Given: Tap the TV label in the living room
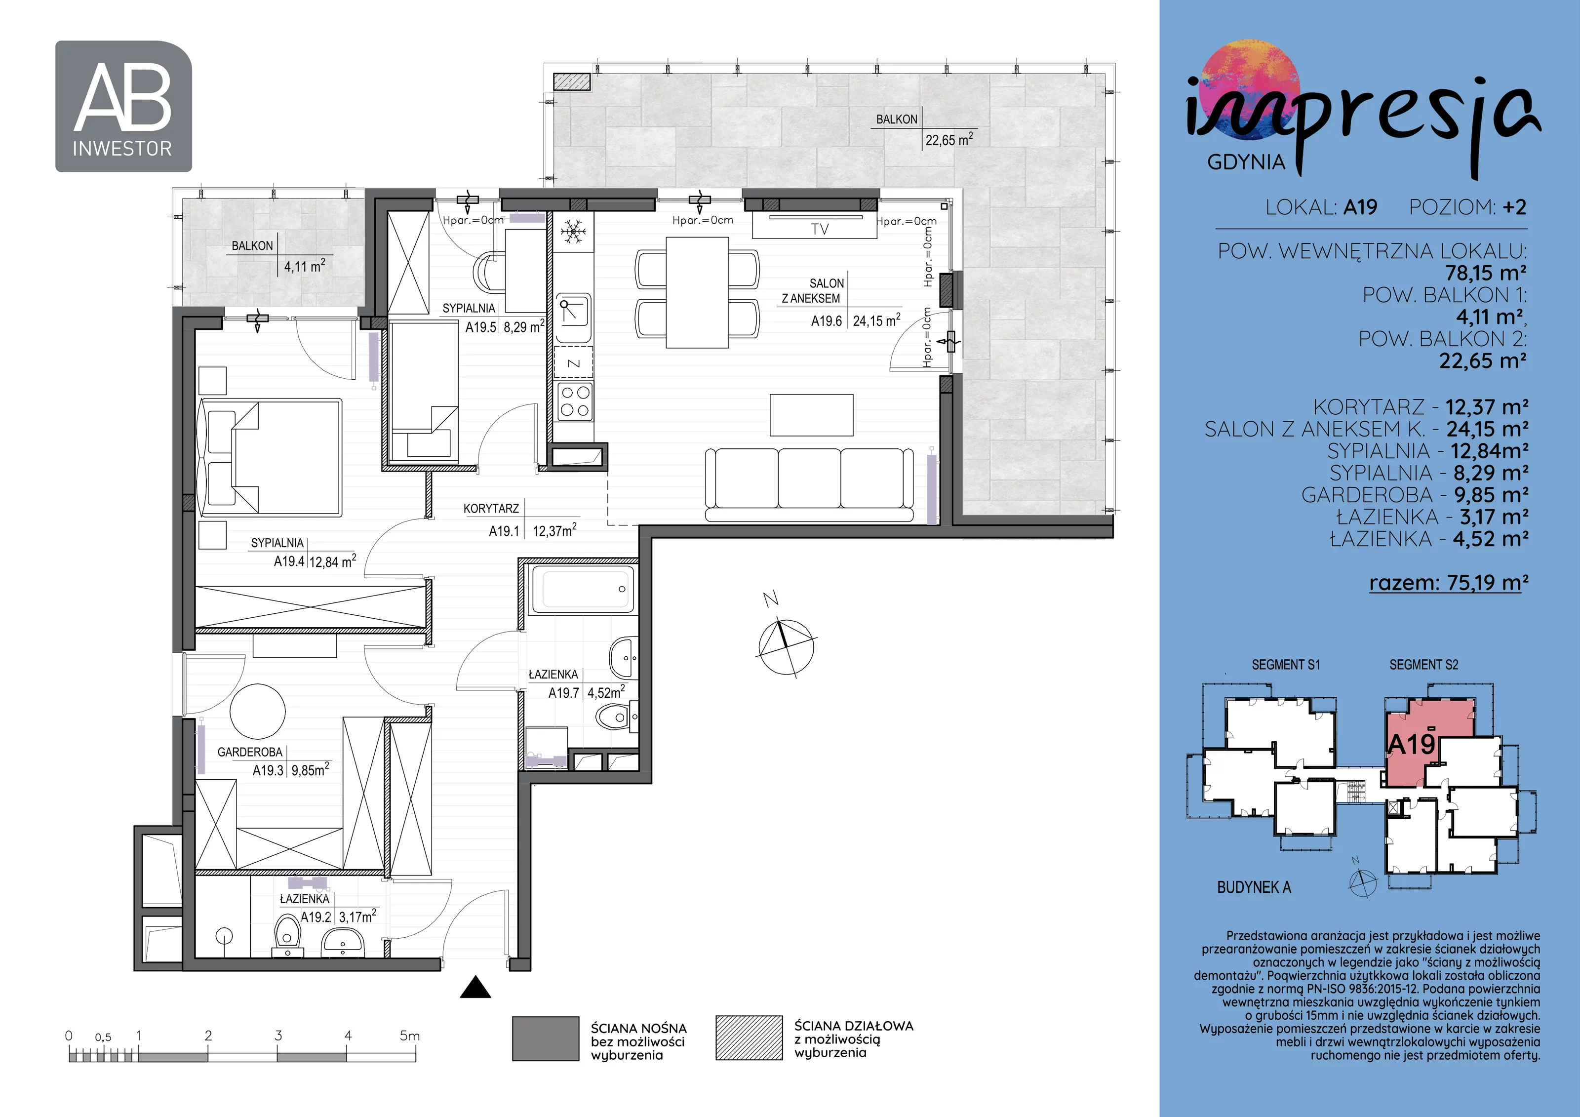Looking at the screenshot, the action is [x=820, y=229].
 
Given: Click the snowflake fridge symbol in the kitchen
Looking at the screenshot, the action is [x=573, y=232].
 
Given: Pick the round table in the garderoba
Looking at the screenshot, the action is [x=257, y=711].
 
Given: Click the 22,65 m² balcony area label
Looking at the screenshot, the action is [x=949, y=140].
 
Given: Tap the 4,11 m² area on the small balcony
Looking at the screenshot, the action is [x=305, y=266].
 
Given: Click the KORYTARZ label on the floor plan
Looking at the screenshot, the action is [x=491, y=509].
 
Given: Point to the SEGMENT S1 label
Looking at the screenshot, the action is [x=1285, y=665].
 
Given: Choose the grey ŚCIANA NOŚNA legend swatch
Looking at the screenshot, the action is [x=546, y=1038].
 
